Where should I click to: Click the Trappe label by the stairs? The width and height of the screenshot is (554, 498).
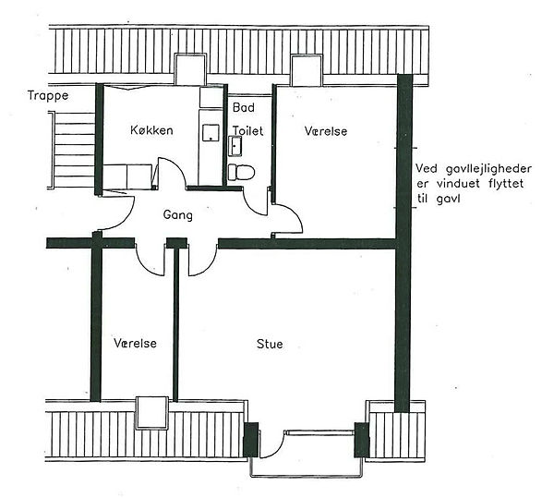pyautogui.click(x=48, y=96)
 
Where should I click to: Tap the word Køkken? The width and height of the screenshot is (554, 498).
pyautogui.click(x=151, y=130)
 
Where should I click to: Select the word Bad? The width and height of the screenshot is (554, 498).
pyautogui.click(x=244, y=107)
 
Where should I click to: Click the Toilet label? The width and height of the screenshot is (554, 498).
pyautogui.click(x=247, y=131)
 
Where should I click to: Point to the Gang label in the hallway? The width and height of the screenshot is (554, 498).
pyautogui.click(x=177, y=215)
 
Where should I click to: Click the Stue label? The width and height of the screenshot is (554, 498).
pyautogui.click(x=270, y=344)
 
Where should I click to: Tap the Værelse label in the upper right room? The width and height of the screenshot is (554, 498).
pyautogui.click(x=325, y=131)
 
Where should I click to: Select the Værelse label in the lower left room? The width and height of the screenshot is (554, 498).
pyautogui.click(x=135, y=343)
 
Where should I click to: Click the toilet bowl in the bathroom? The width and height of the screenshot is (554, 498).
pyautogui.click(x=241, y=173)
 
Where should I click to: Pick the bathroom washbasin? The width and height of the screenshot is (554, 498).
pyautogui.click(x=235, y=146)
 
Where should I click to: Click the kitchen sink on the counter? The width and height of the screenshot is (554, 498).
pyautogui.click(x=211, y=133)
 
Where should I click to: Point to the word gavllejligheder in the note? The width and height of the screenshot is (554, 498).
pyautogui.click(x=488, y=170)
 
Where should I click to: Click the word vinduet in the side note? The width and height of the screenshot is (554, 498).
pyautogui.click(x=458, y=184)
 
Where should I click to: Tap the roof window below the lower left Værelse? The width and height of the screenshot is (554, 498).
pyautogui.click(x=152, y=413)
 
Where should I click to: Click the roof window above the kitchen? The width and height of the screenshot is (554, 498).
pyautogui.click(x=190, y=69)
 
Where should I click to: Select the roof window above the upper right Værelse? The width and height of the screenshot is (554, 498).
pyautogui.click(x=307, y=70)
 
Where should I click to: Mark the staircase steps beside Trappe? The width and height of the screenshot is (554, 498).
pyautogui.click(x=72, y=150)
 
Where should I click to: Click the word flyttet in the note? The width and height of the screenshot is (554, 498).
pyautogui.click(x=507, y=184)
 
